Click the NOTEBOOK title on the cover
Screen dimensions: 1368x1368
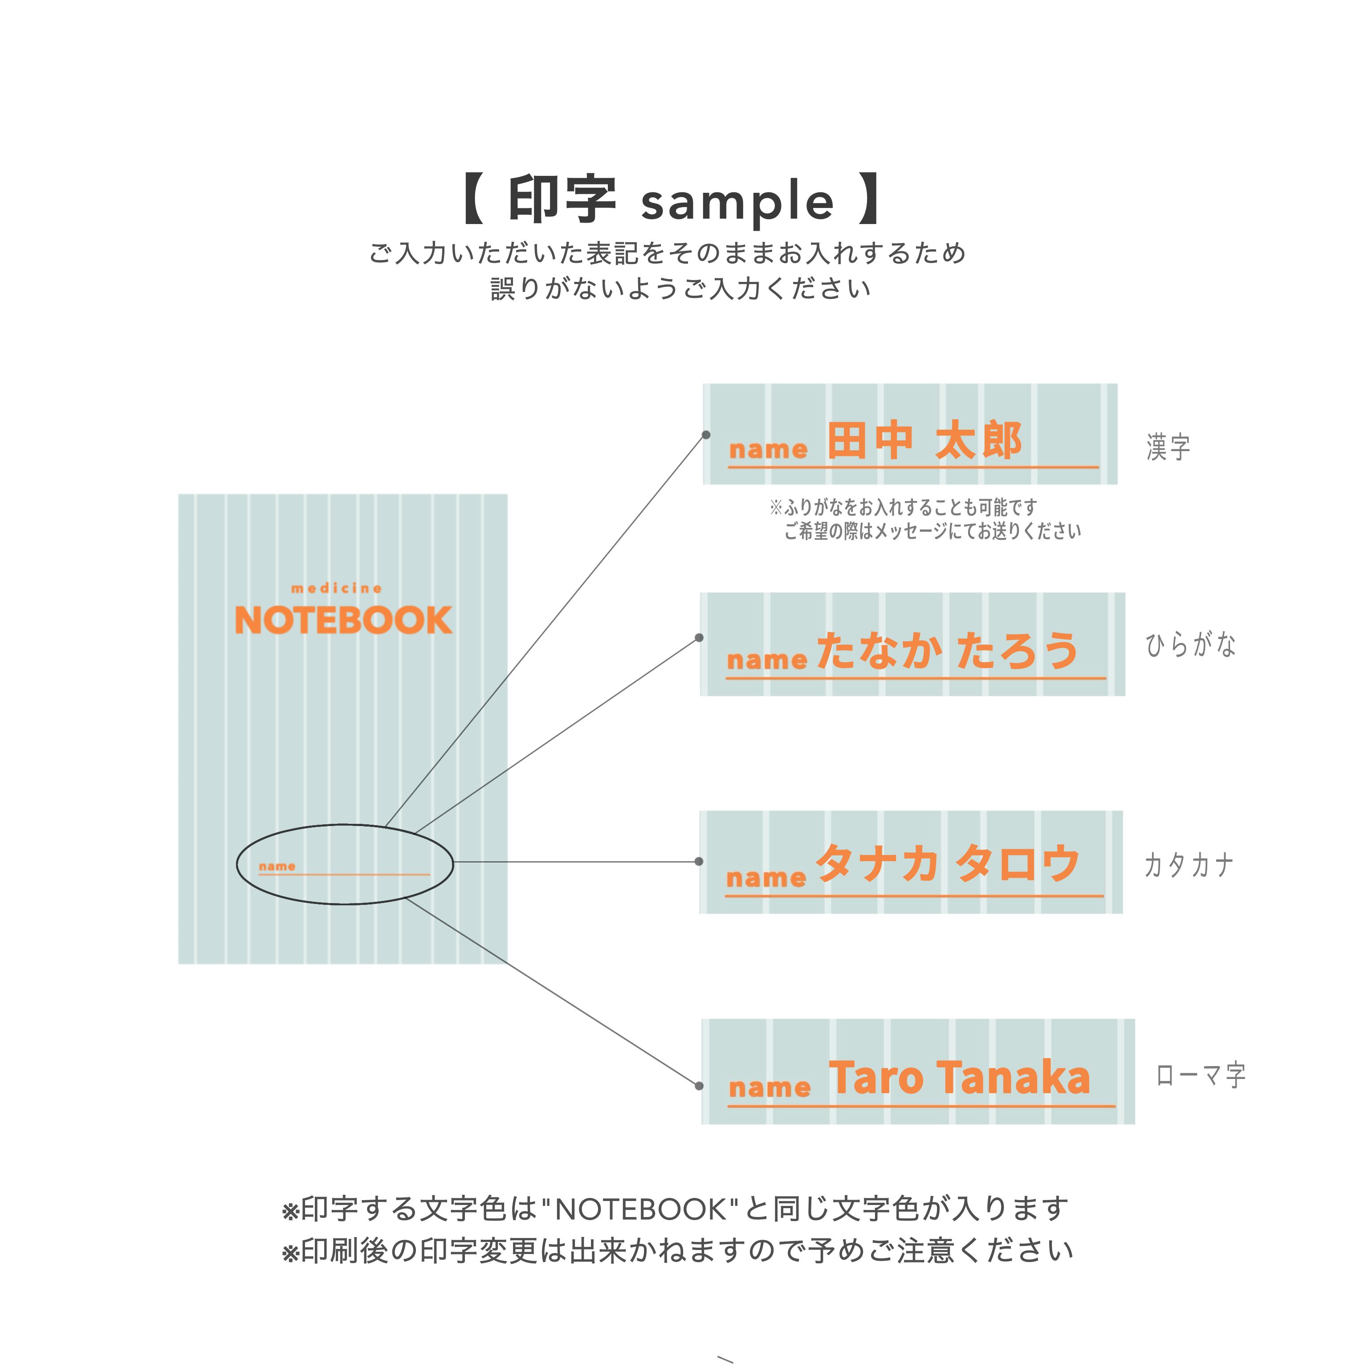[343, 620]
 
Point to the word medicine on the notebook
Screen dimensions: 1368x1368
[336, 588]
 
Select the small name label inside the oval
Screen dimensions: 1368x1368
[277, 866]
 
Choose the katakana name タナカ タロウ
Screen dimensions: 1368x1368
[948, 864]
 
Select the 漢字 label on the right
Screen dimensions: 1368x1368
[1168, 448]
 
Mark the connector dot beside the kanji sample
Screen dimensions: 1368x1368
[706, 435]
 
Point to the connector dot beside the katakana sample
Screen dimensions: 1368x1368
[699, 862]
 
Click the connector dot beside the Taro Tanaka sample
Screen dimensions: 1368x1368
[699, 1086]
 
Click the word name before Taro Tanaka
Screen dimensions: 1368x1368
[769, 1087]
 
